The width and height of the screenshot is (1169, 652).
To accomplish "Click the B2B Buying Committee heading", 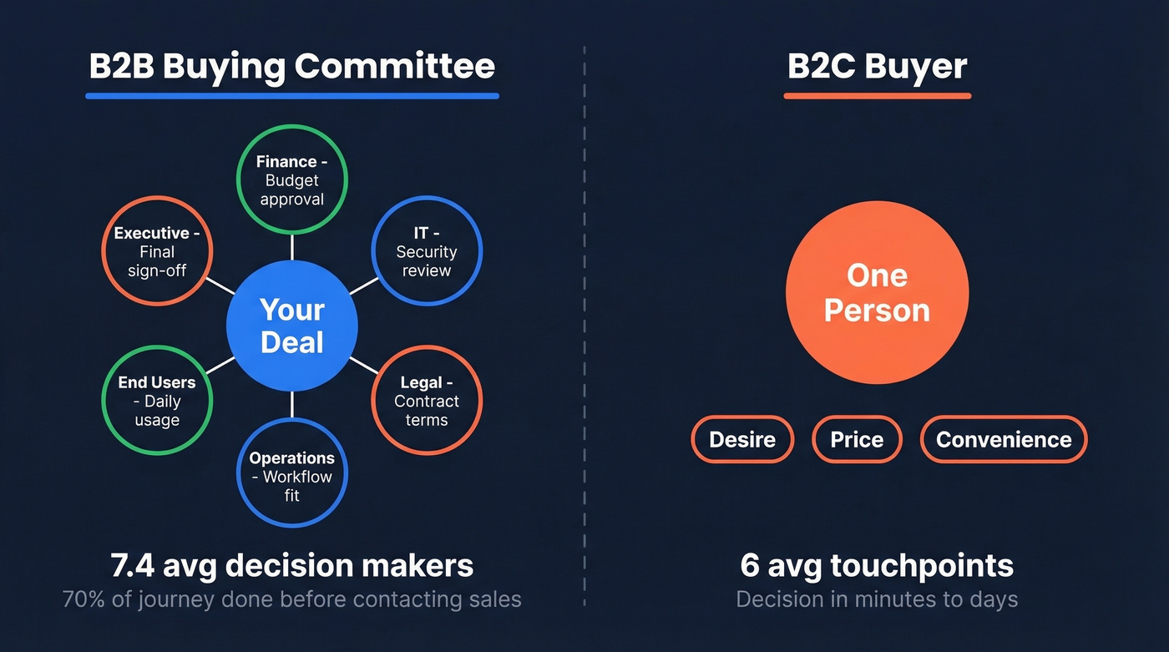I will click(291, 66).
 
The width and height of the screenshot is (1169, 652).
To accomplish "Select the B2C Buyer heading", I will click(877, 66).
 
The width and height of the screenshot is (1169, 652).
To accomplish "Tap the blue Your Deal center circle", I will click(292, 326).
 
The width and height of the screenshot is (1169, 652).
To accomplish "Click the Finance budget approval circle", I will click(292, 179).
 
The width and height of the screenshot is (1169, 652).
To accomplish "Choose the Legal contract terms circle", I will click(427, 401).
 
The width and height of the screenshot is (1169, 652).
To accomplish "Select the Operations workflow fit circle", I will click(292, 476).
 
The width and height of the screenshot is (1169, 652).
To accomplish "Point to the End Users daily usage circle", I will click(157, 401).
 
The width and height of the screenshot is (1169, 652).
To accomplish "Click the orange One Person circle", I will click(877, 293).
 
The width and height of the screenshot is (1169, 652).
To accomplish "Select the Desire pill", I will click(742, 439).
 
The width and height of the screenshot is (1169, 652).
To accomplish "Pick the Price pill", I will click(857, 439).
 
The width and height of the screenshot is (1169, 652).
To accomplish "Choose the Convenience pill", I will click(1004, 439).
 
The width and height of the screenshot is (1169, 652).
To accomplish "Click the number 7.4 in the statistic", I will click(134, 566).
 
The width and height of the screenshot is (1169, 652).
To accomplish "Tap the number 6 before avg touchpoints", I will click(750, 566).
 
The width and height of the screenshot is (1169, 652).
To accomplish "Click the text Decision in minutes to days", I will click(877, 599).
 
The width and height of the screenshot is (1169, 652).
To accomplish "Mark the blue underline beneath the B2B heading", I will click(291, 96).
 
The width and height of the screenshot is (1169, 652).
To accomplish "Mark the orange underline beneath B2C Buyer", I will click(877, 96).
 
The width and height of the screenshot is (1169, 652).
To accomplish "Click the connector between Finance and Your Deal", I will click(292, 246).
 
